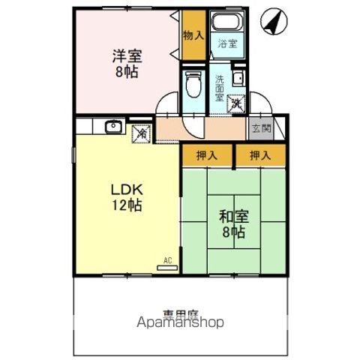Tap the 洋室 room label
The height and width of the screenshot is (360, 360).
[126, 55]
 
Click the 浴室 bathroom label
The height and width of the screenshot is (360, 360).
[227, 43]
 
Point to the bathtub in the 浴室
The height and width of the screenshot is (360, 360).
[227, 23]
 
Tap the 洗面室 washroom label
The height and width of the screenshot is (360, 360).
[220, 88]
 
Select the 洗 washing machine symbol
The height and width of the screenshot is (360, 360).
[236, 104]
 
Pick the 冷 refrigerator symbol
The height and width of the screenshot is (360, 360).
[141, 133]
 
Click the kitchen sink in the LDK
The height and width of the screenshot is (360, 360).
[112, 126]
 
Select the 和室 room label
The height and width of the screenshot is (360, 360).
[232, 217]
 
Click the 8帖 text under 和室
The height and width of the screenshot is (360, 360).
[233, 233]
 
